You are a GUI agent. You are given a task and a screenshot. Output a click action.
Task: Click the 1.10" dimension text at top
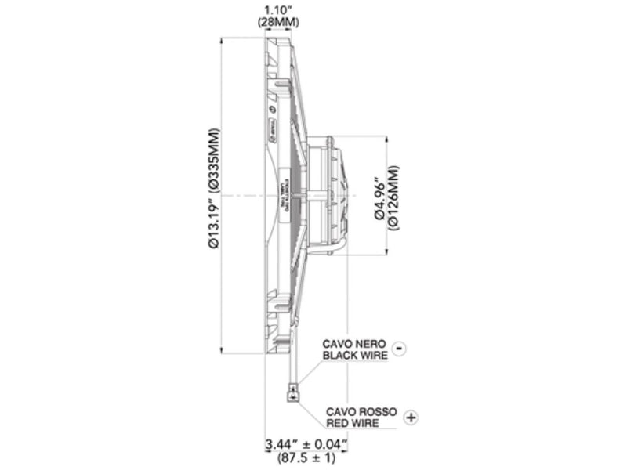[277, 10]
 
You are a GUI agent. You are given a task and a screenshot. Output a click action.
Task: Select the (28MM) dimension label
[277, 23]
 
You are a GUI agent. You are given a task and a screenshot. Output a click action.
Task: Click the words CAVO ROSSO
[361, 411]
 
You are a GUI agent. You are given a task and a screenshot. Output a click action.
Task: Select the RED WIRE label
[353, 423]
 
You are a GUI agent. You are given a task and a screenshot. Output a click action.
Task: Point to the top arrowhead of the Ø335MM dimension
[224, 40]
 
